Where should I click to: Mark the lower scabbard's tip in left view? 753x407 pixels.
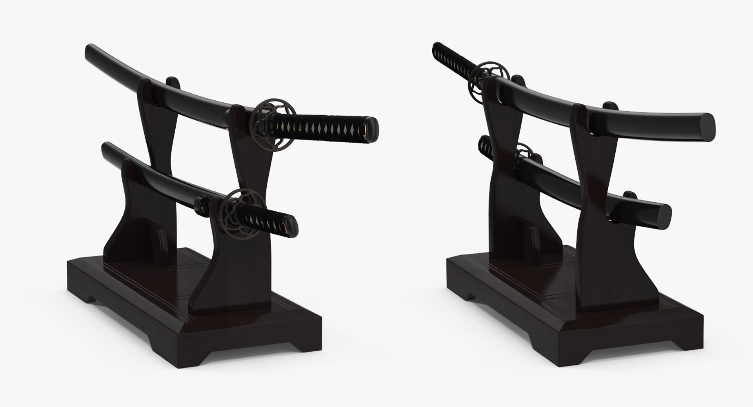click(105, 147)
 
